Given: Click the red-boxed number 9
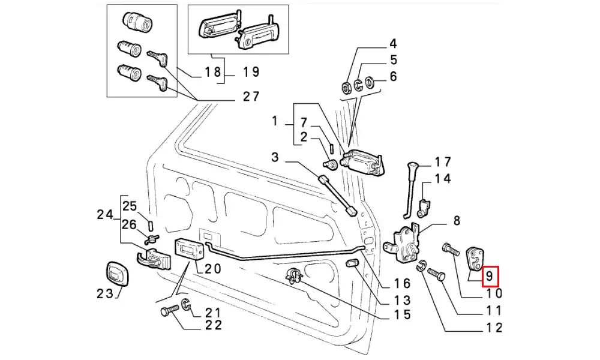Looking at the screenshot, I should click(x=490, y=276).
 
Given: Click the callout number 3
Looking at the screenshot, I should click(x=275, y=157).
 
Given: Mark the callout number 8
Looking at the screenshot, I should click(x=456, y=221).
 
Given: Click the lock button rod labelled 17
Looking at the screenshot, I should click(x=410, y=186).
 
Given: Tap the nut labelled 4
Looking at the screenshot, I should click(x=347, y=87).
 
